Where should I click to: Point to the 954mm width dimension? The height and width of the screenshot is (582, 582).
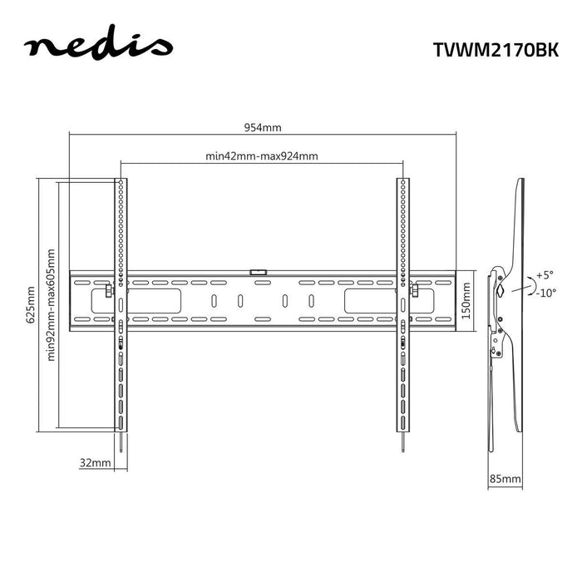tap(263, 127)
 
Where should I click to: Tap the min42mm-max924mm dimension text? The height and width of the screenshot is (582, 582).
tap(262, 155)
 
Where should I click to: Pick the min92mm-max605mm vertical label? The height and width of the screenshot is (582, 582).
tap(51, 304)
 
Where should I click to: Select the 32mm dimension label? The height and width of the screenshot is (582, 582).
tap(96, 462)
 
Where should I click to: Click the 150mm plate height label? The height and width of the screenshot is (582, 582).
tap(466, 301)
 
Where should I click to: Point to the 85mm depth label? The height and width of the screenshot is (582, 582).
tap(506, 480)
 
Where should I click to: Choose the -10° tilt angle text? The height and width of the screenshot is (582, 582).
tap(545, 292)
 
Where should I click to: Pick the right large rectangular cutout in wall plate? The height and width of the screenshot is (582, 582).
tap(367, 300)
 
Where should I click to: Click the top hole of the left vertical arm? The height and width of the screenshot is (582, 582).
tap(121, 182)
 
